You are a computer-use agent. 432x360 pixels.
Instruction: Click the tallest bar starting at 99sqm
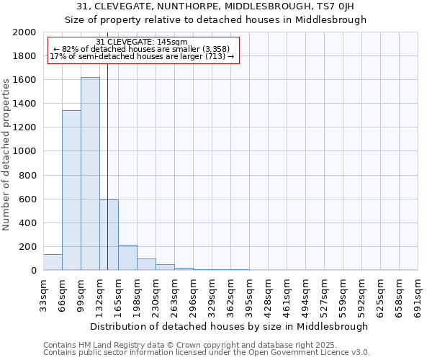click(x=90, y=174)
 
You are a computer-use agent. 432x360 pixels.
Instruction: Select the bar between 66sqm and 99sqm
click(x=71, y=190)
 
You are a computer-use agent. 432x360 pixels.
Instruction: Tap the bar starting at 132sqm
click(x=109, y=235)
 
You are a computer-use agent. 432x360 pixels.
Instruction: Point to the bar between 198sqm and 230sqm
click(x=146, y=264)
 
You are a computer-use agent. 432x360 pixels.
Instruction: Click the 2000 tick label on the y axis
click(x=24, y=32)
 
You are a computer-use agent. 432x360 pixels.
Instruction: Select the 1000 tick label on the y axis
click(x=24, y=151)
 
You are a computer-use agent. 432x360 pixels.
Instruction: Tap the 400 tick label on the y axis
click(x=27, y=223)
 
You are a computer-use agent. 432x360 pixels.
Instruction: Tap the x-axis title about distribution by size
click(x=230, y=326)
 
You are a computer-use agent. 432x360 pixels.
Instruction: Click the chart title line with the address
click(x=215, y=6)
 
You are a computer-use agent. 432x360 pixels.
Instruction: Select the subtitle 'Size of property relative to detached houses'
click(x=215, y=19)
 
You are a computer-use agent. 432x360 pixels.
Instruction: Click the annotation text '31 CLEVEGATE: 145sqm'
click(x=141, y=42)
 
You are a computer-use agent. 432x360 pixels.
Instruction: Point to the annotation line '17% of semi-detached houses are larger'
click(x=142, y=56)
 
